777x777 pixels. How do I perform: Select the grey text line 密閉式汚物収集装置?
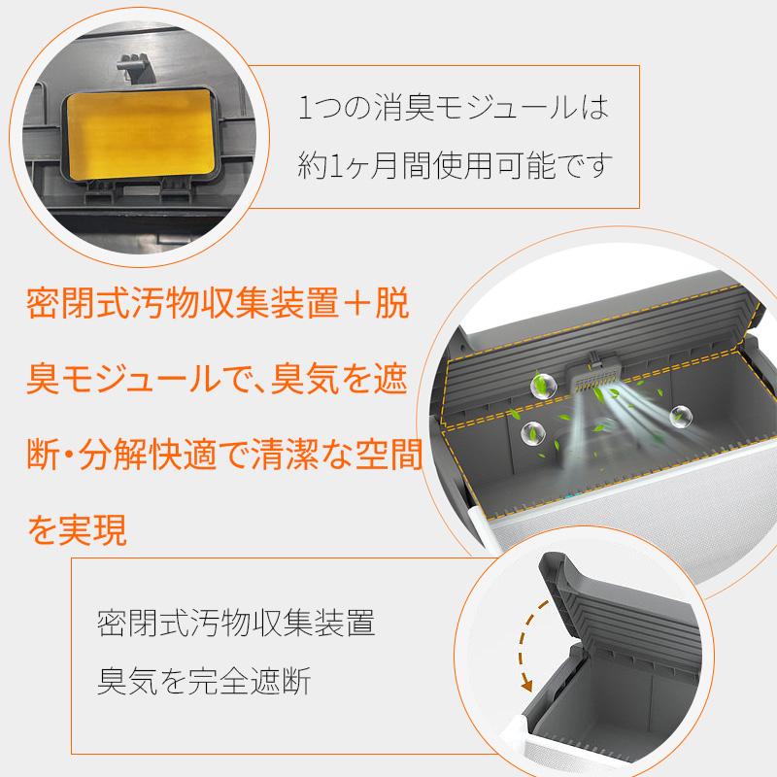click(236, 623)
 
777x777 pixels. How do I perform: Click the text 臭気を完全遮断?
click(203, 681)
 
